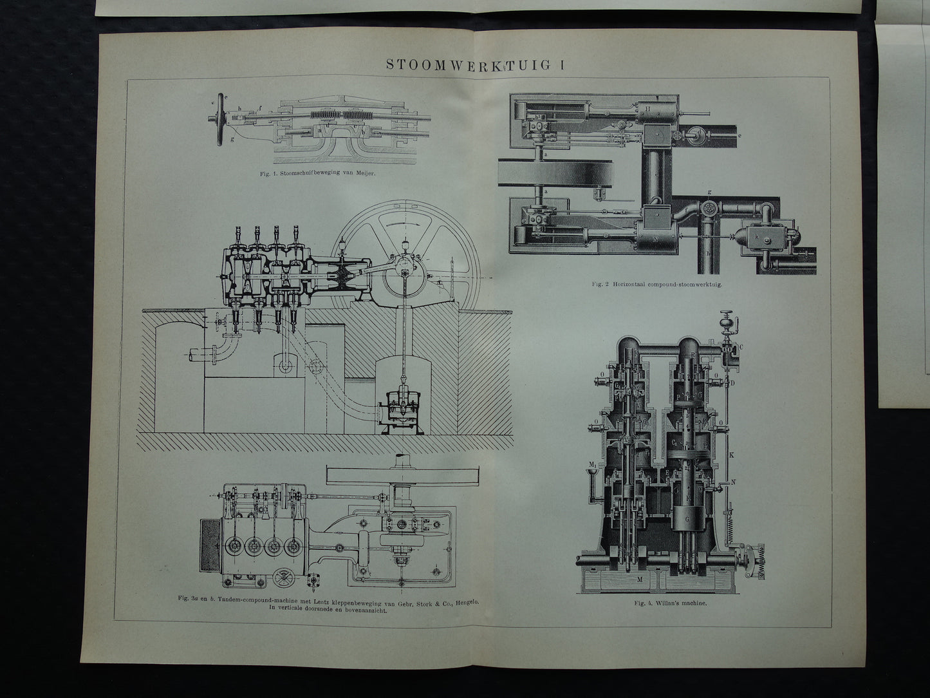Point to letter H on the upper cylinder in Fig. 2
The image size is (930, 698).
[649, 110]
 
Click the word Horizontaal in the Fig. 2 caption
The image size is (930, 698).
[639, 283]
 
